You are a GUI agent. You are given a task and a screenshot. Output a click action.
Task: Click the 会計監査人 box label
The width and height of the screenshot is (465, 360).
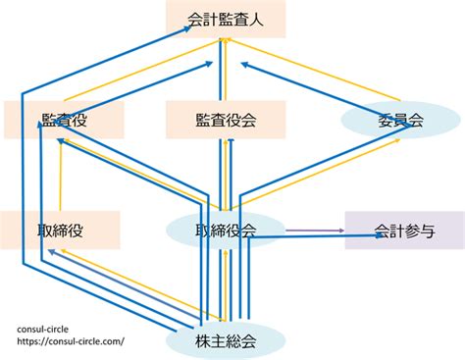(226, 20)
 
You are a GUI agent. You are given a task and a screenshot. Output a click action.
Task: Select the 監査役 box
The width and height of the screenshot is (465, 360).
(64, 120)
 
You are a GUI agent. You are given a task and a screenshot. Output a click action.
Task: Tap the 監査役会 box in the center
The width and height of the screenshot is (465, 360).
(226, 120)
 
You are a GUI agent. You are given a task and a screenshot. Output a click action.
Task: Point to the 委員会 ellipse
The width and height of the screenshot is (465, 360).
(401, 120)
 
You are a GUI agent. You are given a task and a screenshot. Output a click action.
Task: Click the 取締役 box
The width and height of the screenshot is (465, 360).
(60, 230)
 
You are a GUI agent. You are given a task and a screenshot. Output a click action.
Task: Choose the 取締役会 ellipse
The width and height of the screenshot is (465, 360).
(226, 231)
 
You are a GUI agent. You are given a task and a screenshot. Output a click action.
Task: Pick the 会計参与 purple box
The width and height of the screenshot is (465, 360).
(405, 231)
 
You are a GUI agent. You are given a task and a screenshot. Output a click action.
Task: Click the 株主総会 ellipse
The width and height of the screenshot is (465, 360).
(226, 340)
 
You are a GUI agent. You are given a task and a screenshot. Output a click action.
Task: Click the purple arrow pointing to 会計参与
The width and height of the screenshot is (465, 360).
(315, 231)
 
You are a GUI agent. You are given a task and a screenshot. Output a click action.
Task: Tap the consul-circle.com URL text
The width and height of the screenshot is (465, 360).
(71, 341)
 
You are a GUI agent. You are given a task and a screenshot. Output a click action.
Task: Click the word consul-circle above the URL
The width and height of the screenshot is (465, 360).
(43, 329)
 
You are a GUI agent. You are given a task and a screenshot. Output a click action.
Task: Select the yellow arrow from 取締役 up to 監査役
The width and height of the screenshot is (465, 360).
(61, 175)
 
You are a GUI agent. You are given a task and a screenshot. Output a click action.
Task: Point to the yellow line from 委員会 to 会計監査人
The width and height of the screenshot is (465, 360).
(315, 69)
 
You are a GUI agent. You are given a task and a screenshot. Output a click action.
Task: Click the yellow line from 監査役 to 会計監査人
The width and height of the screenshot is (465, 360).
(143, 70)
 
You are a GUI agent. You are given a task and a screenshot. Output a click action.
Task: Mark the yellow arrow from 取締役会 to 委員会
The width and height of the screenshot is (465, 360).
(316, 175)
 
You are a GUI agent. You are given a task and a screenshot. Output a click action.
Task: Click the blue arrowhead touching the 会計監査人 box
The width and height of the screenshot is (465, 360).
(186, 28)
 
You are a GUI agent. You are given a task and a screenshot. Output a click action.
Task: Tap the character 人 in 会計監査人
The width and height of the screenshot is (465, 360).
(256, 20)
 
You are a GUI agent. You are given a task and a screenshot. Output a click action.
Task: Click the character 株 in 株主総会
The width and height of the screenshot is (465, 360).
(203, 341)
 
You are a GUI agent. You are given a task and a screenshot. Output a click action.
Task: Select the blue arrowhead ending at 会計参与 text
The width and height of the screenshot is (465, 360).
(380, 235)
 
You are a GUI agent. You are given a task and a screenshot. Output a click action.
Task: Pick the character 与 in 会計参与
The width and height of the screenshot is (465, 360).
(428, 231)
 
